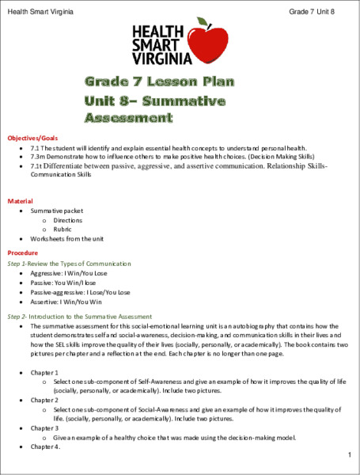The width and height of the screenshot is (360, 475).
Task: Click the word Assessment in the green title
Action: [x=128, y=118]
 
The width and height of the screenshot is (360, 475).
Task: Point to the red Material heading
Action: [x=20, y=202]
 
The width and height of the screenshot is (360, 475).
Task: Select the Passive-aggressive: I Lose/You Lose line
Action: [x=81, y=292]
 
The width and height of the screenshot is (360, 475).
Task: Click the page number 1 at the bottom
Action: [x=348, y=455]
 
